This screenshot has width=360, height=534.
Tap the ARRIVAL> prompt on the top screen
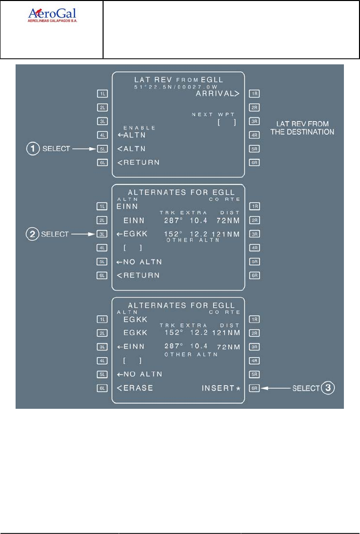(x=217, y=94)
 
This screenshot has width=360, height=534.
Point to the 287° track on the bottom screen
(x=174, y=347)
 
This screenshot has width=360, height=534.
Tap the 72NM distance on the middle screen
(x=229, y=220)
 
